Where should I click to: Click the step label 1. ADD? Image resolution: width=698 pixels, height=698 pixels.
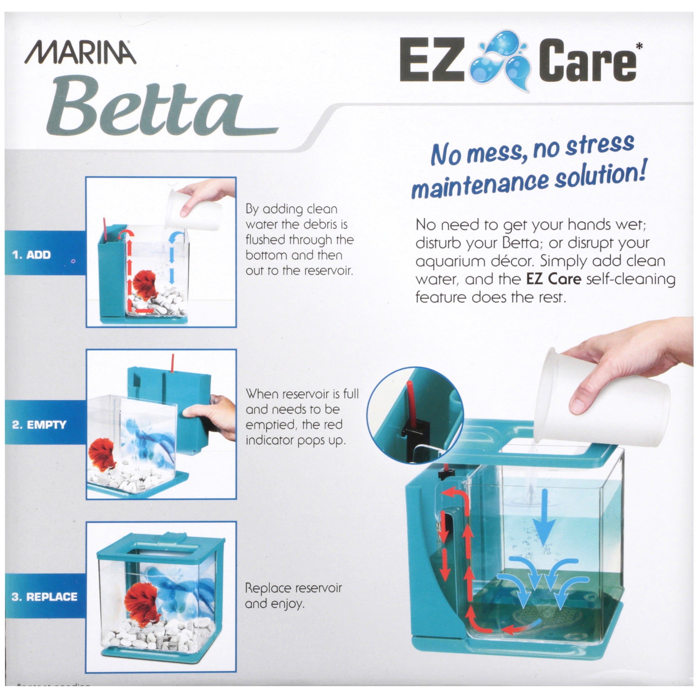pyautogui.click(x=31, y=255)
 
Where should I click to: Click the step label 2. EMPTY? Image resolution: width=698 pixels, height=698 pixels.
pyautogui.click(x=39, y=425)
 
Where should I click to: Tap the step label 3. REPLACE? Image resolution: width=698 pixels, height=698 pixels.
pyautogui.click(x=44, y=596)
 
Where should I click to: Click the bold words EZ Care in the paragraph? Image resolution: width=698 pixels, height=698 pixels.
pyautogui.click(x=553, y=279)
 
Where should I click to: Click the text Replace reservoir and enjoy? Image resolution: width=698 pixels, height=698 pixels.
pyautogui.click(x=293, y=596)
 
